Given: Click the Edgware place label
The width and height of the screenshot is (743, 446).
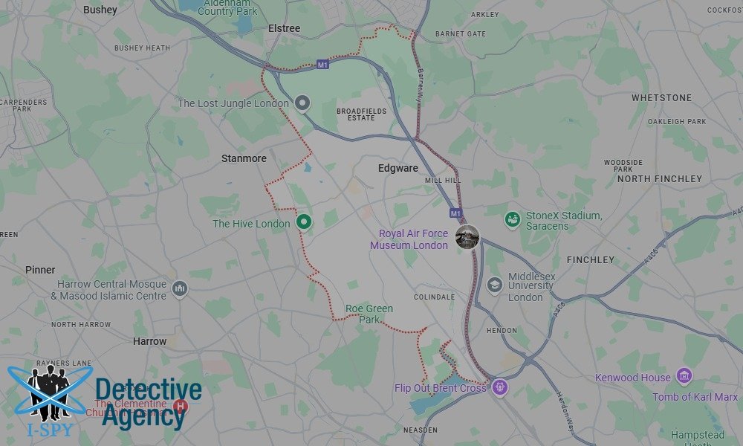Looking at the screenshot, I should tap(398, 168).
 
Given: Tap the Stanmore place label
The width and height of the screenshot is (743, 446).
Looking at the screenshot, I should tap(244, 158).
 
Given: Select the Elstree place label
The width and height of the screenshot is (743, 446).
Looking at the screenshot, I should tap(284, 28).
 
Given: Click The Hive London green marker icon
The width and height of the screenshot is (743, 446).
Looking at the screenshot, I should tap(303, 222).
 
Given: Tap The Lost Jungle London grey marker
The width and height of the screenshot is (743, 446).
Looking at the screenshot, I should tap(302, 103).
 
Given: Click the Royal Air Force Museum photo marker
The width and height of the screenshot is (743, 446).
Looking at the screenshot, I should tap(467, 237).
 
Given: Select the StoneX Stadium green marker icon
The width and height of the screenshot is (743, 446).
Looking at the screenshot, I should tap(512, 219).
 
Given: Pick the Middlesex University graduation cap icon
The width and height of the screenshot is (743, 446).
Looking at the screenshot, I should tap(495, 285).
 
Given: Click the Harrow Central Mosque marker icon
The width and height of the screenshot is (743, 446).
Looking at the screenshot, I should tap(179, 288).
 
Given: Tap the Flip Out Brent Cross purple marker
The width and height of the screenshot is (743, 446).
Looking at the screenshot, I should tap(500, 387).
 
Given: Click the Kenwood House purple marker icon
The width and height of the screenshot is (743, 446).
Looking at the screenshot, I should tap(684, 377).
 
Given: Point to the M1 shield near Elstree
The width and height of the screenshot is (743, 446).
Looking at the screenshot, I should tap(322, 65).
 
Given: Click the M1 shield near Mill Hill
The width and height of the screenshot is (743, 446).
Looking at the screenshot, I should tap(456, 213).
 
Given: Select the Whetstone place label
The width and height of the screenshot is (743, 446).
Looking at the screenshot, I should tap(661, 97).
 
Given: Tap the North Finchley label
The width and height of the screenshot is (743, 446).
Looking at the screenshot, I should tap(659, 179).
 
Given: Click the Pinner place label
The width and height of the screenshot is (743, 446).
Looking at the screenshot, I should tap(40, 270).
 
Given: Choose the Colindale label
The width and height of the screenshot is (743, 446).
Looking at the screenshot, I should tap(434, 297).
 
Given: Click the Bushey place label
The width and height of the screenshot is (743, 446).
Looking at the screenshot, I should tap(100, 10).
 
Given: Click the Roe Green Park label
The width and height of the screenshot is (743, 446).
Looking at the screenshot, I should tap(369, 314).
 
